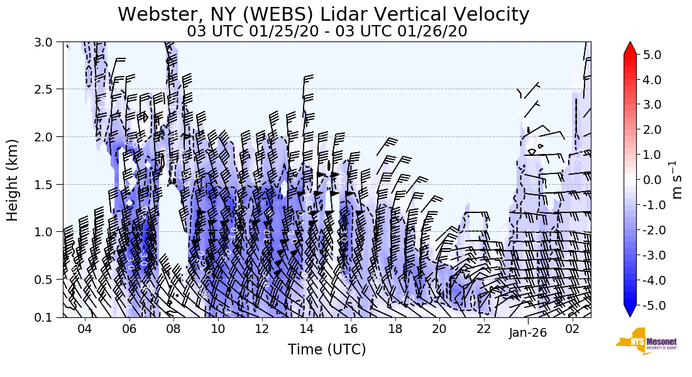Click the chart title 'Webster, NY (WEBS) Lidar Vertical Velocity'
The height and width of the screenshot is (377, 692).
point(323,14)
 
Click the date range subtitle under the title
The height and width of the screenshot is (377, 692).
point(327,31)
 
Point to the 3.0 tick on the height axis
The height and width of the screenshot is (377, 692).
point(48,42)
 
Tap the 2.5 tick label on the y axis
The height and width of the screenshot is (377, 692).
point(48,89)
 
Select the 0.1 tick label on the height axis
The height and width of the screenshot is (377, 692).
point(48,317)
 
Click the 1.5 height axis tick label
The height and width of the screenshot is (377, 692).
point(48,184)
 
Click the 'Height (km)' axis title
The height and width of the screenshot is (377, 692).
point(13,180)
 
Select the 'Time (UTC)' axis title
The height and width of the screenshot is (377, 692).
point(327,349)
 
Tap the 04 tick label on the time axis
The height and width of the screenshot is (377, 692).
point(85,330)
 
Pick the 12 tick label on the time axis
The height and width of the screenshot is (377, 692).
point(262,330)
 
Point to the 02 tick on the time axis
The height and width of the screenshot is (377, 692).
point(572,330)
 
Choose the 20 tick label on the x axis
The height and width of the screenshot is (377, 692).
point(439,330)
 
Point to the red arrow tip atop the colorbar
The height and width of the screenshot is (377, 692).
point(630,44)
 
